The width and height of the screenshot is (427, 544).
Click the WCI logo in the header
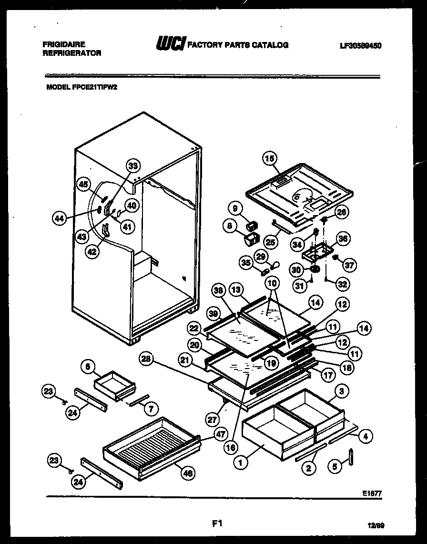[x=171, y=44]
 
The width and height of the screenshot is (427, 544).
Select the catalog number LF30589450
[x=361, y=46]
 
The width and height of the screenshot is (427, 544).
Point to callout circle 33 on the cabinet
[x=133, y=166]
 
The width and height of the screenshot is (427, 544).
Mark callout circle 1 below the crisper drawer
[x=241, y=462]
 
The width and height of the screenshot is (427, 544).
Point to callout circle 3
[x=342, y=391]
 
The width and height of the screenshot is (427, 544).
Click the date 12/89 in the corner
[x=376, y=525]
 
